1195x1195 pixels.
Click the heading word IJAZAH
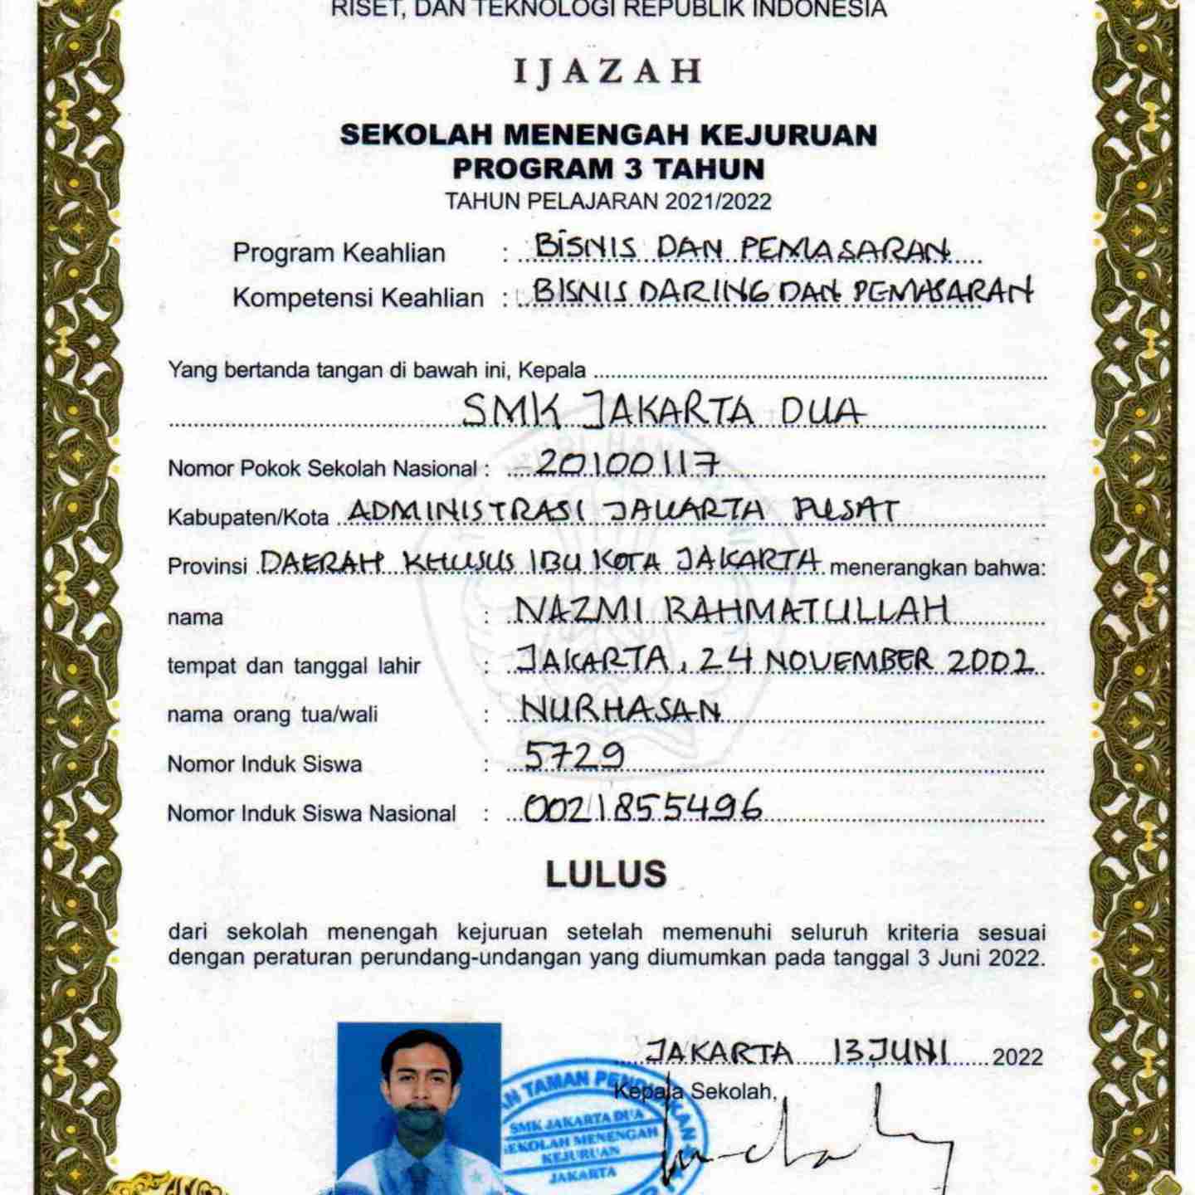click(x=607, y=72)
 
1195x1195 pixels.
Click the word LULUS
click(x=606, y=874)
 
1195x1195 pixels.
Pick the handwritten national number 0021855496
click(x=642, y=806)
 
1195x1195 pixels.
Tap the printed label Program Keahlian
click(x=339, y=253)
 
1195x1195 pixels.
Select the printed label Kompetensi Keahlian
click(x=358, y=298)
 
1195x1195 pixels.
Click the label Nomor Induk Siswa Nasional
click(x=311, y=813)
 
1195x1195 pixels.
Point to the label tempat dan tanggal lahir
click(x=294, y=666)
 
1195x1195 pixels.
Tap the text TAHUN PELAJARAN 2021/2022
click(x=607, y=202)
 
